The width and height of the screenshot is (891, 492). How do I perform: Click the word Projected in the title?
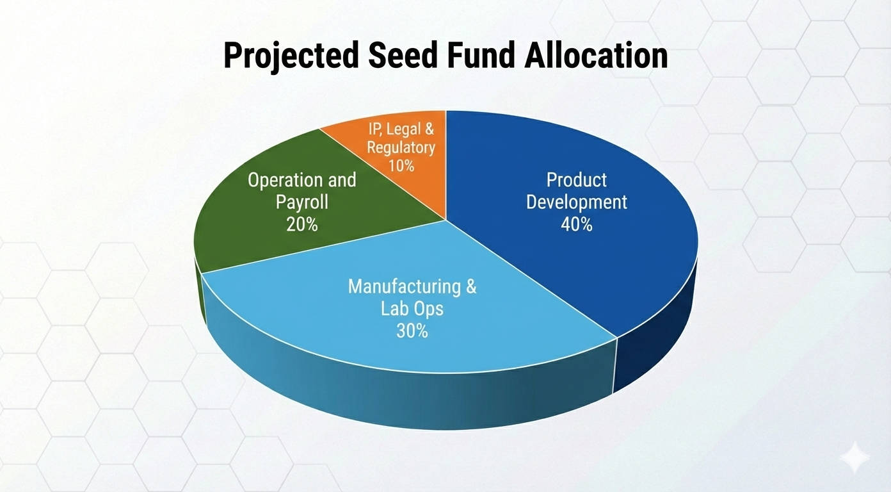(x=291, y=56)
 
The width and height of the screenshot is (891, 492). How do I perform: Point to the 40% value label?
(x=577, y=224)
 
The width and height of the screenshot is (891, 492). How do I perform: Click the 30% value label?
(x=412, y=331)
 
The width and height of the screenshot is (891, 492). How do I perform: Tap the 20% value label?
(x=302, y=224)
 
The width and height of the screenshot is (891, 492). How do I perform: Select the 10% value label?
(x=401, y=165)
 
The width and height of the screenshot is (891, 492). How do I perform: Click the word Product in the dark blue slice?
(x=577, y=180)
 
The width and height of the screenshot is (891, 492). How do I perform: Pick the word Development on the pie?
(x=577, y=202)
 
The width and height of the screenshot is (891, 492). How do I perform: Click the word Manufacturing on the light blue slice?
(x=404, y=286)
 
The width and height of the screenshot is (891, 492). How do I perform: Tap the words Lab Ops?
(x=412, y=309)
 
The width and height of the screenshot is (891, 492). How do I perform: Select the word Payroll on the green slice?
(x=302, y=202)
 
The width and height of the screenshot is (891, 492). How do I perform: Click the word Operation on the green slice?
(x=282, y=181)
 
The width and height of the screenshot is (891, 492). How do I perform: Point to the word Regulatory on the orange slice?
(x=401, y=148)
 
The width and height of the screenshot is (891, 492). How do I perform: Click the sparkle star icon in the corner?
(x=855, y=458)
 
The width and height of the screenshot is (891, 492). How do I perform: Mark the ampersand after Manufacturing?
(x=471, y=286)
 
